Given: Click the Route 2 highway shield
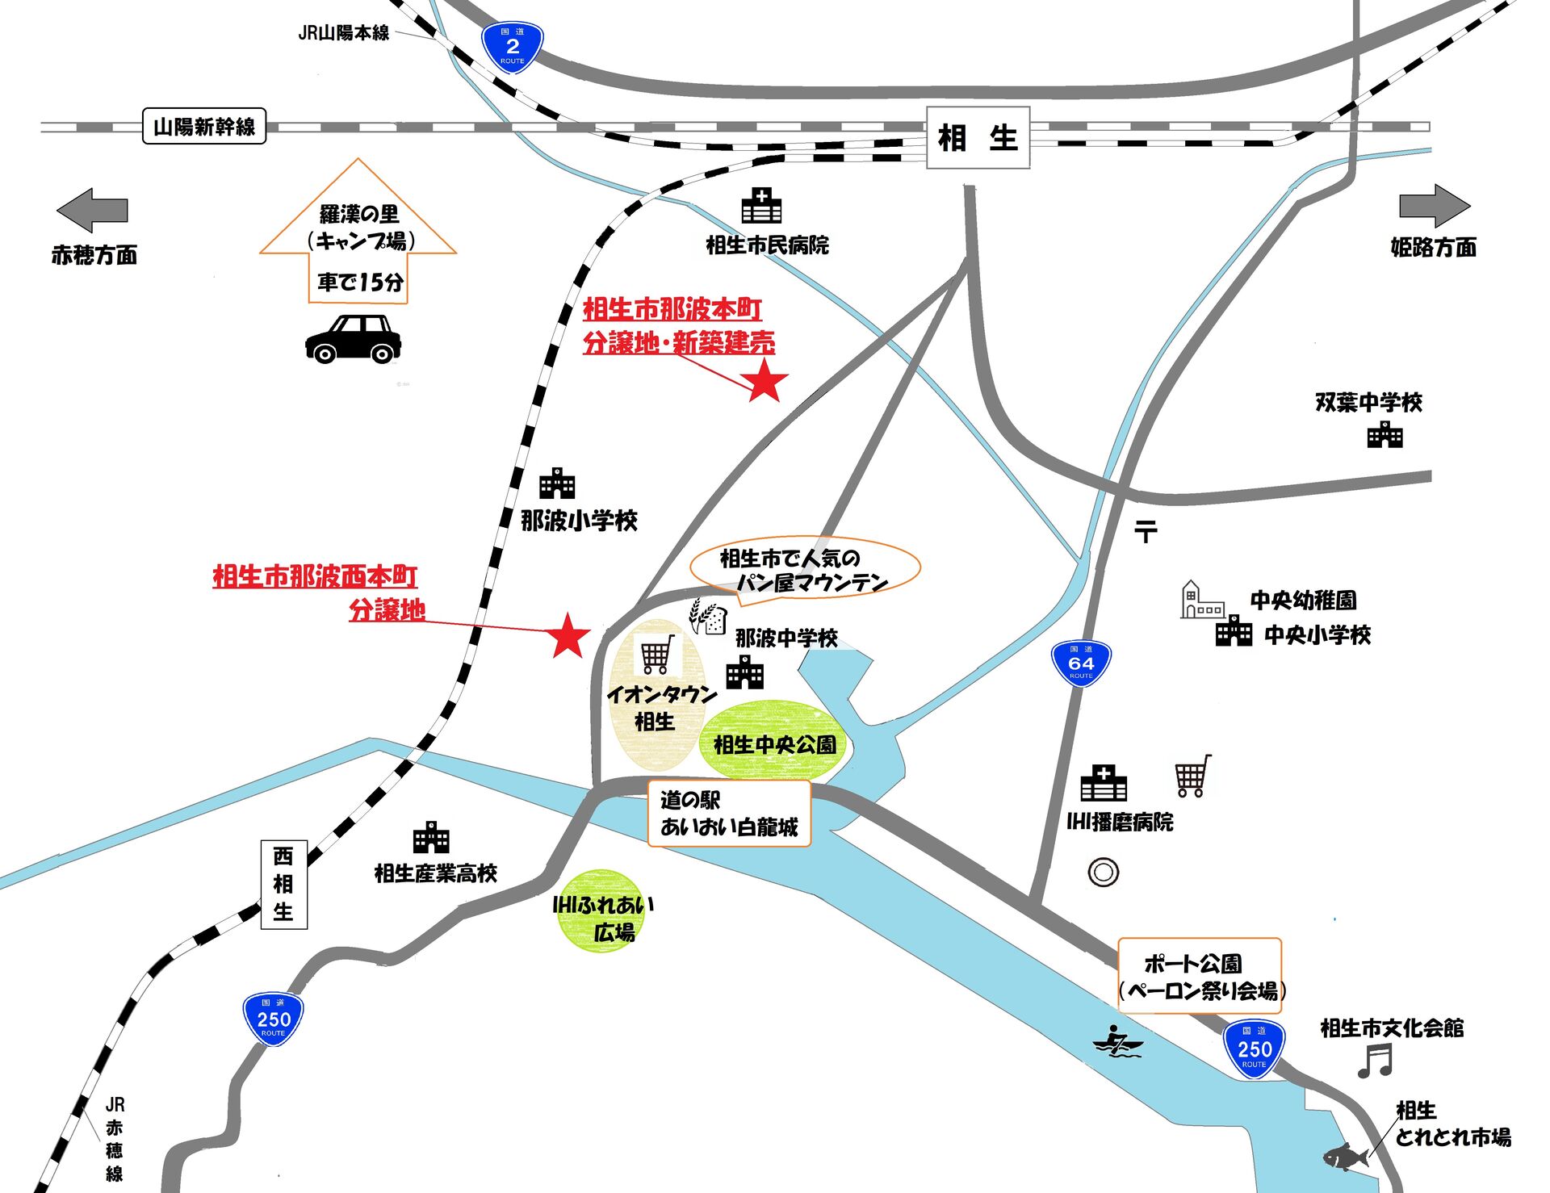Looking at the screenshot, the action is coord(512,47).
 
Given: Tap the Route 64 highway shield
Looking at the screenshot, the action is coord(1081,663).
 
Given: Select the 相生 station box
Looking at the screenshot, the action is coord(978,138).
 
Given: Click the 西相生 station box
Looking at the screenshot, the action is coord(283,884).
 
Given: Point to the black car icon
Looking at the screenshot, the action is coord(354,338).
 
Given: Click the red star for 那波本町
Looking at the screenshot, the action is coord(765,382).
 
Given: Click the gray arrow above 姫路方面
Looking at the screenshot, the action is coord(1435,206).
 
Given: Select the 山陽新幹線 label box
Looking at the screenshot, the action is coord(204,127).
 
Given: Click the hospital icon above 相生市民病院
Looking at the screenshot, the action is coord(761,206).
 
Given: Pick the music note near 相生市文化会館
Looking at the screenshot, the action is coord(1376,1061).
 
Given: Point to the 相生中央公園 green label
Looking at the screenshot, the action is coord(774,743).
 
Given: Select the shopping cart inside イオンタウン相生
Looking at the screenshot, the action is coord(657,654).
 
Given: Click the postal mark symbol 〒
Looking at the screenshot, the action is coord(1146,531).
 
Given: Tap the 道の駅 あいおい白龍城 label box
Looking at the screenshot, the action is coord(729,814).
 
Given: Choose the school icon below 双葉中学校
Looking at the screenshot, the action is coord(1385,435).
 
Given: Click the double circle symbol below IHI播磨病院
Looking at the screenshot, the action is coord(1103,873).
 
